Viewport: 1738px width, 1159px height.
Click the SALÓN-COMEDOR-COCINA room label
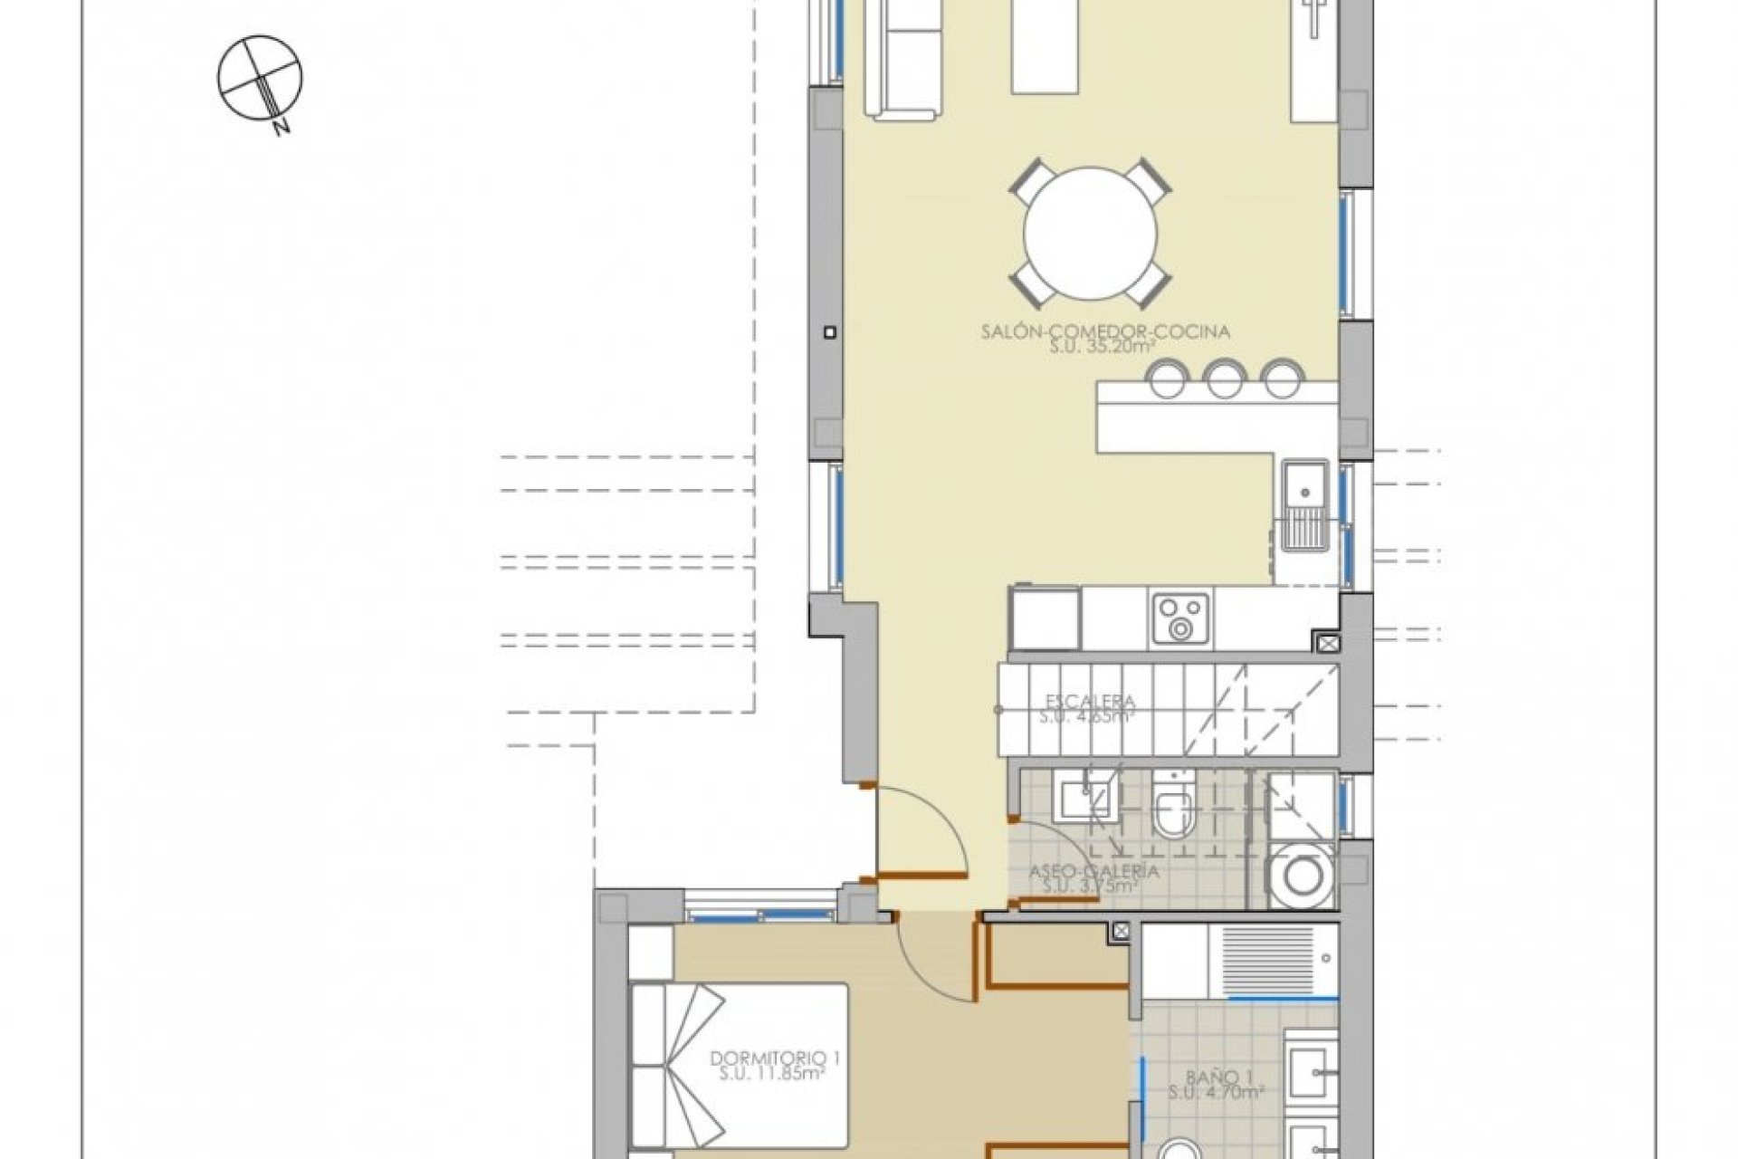[1105, 332]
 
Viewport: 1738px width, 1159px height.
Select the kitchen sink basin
[1304, 490]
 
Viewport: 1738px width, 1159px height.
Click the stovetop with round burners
[1180, 618]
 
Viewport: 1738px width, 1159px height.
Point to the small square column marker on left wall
[829, 332]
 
